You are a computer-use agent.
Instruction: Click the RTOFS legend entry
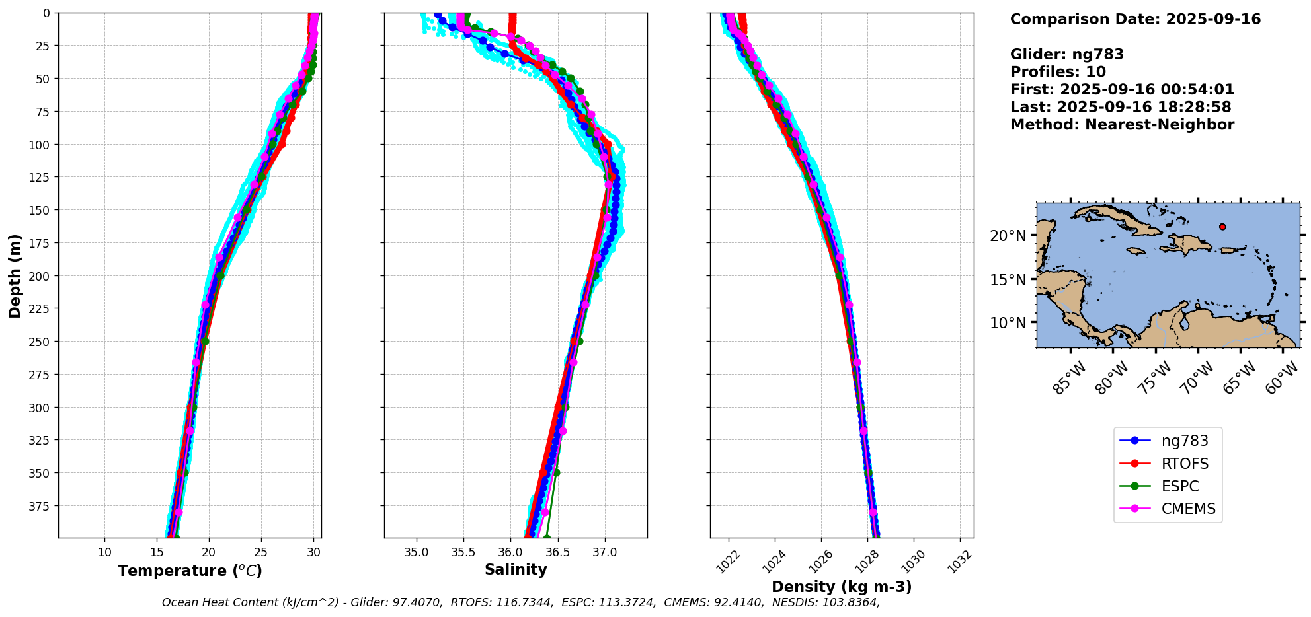(x=1184, y=464)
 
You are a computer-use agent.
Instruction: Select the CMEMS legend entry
(x=1188, y=509)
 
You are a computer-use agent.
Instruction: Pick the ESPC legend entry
(x=1179, y=486)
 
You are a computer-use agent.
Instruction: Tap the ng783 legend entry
(x=1184, y=441)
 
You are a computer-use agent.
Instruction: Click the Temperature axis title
(x=190, y=571)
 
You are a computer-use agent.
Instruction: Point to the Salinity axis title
(x=516, y=569)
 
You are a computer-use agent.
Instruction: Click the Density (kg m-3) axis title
(x=842, y=587)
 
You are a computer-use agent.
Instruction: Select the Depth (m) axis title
(x=15, y=275)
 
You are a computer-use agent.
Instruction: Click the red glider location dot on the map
(x=1222, y=227)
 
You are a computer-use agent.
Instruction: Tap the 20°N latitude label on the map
(x=1008, y=236)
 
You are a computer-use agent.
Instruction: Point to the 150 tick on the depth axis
(x=42, y=210)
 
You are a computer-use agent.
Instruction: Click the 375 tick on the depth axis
(x=42, y=506)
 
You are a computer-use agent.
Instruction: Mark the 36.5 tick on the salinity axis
(x=557, y=552)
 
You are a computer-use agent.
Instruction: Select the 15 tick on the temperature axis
(x=157, y=552)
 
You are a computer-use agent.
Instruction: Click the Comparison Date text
(x=1135, y=19)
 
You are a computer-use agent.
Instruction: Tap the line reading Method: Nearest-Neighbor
(x=1122, y=125)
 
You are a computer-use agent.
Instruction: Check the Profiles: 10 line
(x=1058, y=72)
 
